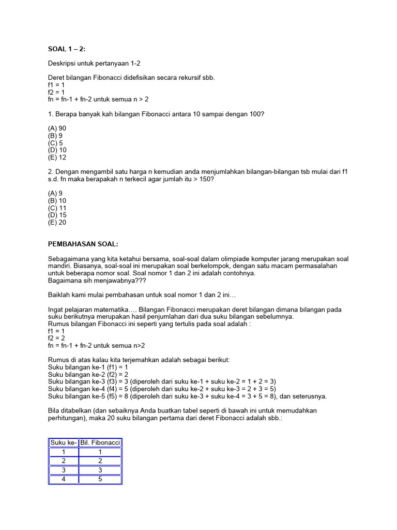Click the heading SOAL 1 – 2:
pyautogui.click(x=66, y=49)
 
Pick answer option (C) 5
pyautogui.click(x=55, y=143)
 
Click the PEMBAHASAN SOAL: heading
pyautogui.click(x=83, y=244)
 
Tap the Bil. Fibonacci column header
pyautogui.click(x=100, y=443)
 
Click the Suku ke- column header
pyautogui.click(x=64, y=443)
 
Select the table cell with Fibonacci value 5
pyautogui.click(x=100, y=479)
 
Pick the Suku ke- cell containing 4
pyautogui.click(x=64, y=479)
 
